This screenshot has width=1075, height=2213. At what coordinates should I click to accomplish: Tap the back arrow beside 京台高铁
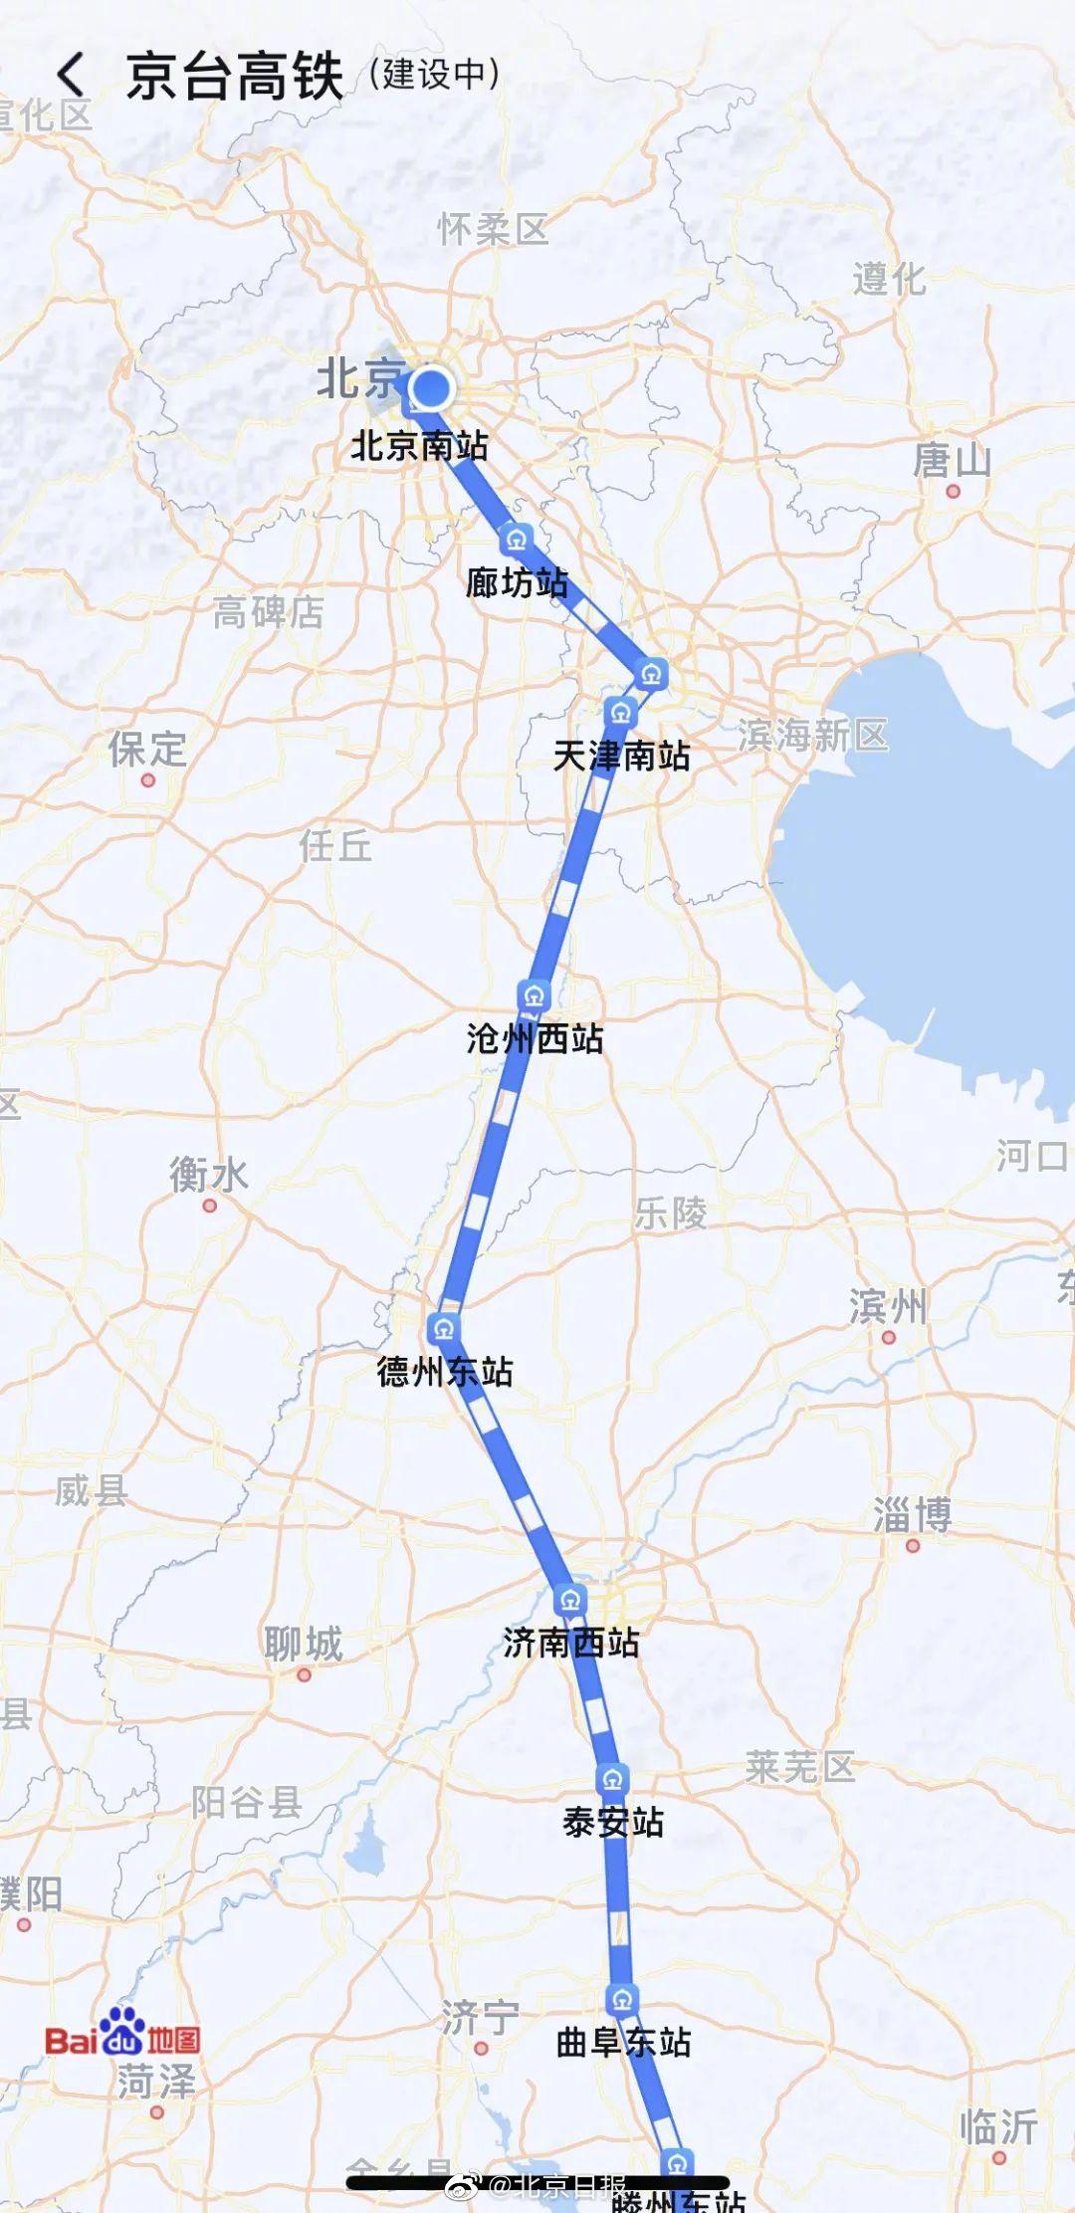[71, 76]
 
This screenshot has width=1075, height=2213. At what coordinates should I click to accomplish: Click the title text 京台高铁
[235, 77]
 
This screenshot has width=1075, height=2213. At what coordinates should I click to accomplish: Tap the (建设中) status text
[434, 74]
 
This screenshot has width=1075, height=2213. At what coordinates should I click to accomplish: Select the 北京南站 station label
[419, 445]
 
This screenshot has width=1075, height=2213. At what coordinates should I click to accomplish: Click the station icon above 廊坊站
[515, 540]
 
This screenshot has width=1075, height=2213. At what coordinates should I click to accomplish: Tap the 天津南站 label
[621, 756]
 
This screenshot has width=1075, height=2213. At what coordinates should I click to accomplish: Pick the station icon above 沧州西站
[535, 996]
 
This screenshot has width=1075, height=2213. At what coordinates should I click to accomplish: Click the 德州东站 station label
[445, 1372]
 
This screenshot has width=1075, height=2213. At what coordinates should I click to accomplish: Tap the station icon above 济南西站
[570, 1601]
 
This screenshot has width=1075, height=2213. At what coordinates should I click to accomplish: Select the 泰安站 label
[613, 1822]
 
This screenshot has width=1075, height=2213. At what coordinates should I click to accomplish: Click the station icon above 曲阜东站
[622, 1999]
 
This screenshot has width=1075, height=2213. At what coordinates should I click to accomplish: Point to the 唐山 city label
[953, 460]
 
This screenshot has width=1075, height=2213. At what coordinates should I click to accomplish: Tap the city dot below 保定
[148, 780]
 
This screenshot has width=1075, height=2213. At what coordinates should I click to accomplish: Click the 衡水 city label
[208, 1175]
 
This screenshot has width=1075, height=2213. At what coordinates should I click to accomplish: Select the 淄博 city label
[913, 1514]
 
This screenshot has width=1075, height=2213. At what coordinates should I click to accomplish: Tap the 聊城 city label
[304, 1644]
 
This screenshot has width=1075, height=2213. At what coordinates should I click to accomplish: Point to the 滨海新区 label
[813, 736]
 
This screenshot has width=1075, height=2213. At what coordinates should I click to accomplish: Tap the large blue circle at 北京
[431, 388]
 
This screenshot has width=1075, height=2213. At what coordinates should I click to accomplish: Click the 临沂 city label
[998, 2127]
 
